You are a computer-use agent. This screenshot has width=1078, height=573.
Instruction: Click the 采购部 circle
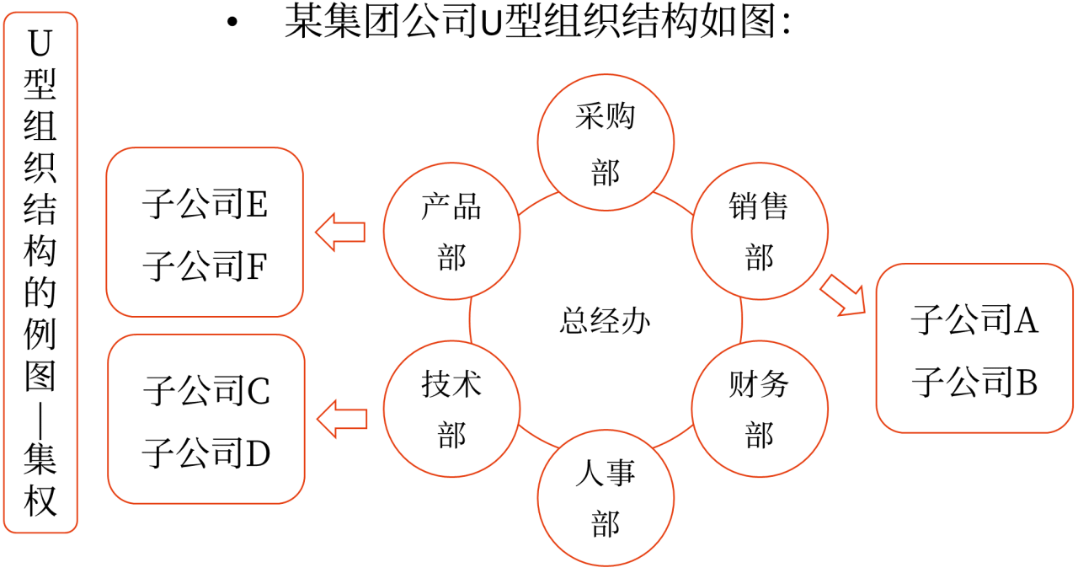tap(606, 143)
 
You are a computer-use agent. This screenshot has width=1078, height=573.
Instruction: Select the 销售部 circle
tap(759, 232)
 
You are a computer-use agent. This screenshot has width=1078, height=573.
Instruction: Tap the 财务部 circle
tap(759, 410)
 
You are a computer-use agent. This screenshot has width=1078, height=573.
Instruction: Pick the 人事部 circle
tap(606, 498)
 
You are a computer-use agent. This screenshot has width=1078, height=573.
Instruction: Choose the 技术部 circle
tap(451, 410)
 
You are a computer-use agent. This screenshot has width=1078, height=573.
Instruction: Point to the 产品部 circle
tap(451, 232)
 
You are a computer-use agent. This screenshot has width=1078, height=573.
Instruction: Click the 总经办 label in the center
tap(605, 320)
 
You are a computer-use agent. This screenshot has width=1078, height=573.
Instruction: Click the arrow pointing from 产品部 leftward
tap(340, 232)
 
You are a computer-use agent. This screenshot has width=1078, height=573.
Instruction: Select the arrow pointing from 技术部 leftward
tap(341, 418)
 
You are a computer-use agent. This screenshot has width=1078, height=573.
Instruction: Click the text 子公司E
tap(205, 205)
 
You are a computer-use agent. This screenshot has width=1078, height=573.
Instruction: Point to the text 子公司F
tap(205, 266)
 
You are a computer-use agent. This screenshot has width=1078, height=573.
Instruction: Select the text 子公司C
tap(206, 391)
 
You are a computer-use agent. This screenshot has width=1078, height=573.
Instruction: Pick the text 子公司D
tap(206, 453)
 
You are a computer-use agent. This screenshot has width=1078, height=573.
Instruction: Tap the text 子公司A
tap(974, 320)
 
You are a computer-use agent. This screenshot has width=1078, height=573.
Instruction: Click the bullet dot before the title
tap(233, 23)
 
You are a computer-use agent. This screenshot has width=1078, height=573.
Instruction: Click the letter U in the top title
tap(490, 24)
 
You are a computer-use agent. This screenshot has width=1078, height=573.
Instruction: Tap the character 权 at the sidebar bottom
tap(40, 502)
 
